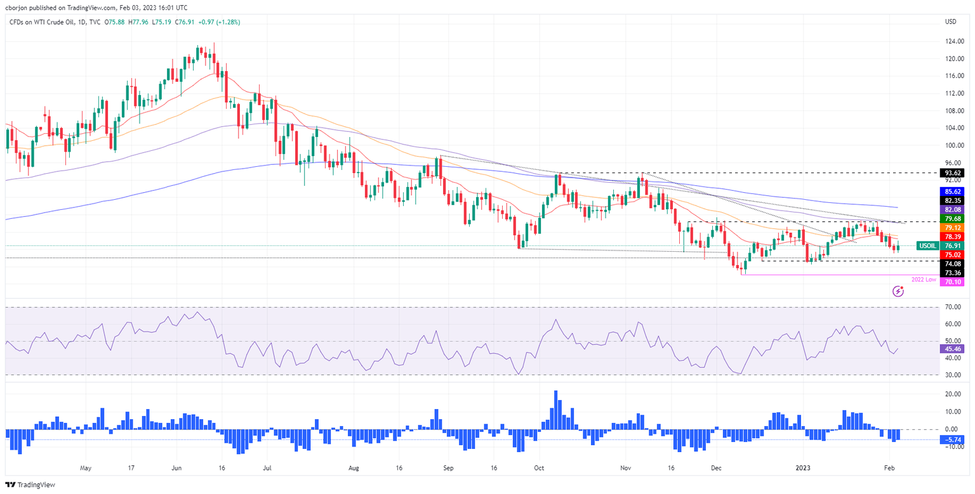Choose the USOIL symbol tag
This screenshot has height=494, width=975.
click(x=929, y=245)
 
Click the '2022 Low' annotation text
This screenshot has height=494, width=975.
click(x=924, y=279)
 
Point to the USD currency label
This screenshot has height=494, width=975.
click(x=950, y=22)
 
